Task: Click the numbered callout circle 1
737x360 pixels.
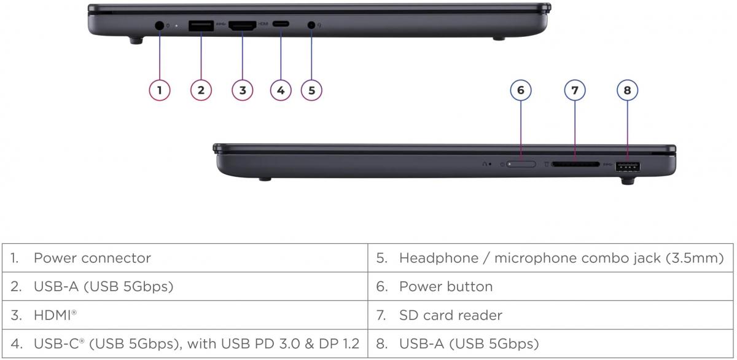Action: point(160,90)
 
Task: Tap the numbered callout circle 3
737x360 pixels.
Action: point(243,90)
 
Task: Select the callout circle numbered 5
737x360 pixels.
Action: point(311,90)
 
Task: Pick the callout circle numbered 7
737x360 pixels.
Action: point(575,90)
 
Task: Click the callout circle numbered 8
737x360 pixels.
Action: point(627,90)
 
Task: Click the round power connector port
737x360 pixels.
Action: point(160,25)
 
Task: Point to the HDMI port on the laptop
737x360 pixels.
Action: point(242,26)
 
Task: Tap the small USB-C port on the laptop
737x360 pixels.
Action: point(281,25)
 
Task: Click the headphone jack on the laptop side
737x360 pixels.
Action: point(311,25)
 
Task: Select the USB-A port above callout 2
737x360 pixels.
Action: point(201,25)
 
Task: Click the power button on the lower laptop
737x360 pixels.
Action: point(521,165)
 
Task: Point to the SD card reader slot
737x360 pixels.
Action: point(575,165)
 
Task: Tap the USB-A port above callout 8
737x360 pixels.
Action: point(628,166)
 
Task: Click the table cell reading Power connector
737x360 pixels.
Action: point(92,258)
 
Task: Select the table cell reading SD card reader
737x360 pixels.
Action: point(450,315)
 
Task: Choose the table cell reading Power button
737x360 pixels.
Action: point(445,287)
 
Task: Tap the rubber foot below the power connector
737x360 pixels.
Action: point(136,41)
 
